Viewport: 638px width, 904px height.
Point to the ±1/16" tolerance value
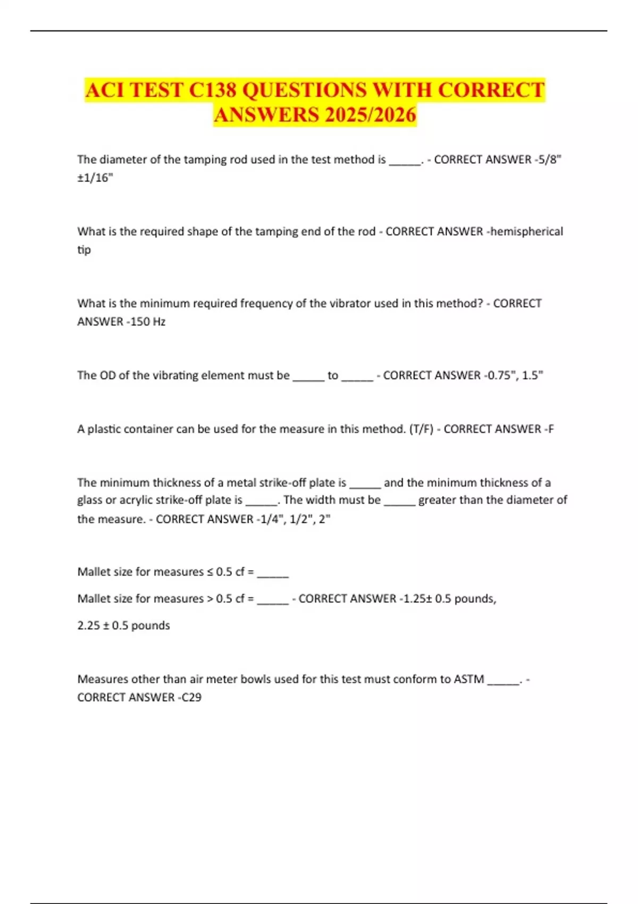(x=95, y=178)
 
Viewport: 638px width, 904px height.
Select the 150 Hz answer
(x=148, y=322)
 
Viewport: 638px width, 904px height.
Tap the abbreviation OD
(x=107, y=375)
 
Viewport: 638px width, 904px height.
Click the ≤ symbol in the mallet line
(x=210, y=572)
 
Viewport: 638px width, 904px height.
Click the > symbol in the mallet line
(x=210, y=599)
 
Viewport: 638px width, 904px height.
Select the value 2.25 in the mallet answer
(x=89, y=625)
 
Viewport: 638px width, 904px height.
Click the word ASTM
(x=468, y=679)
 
